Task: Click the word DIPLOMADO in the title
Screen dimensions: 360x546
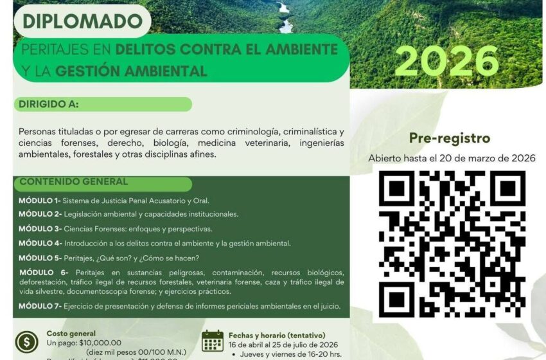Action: point(82,21)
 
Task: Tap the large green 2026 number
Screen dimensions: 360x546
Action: point(447,62)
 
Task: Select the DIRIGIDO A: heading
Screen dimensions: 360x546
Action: point(52,104)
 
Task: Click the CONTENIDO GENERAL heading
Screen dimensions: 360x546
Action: point(74,182)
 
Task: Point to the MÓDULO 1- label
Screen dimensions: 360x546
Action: point(39,201)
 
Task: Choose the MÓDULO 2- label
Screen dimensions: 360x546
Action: point(40,214)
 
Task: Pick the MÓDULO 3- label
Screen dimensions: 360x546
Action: point(40,229)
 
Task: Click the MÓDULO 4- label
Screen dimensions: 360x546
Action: point(40,244)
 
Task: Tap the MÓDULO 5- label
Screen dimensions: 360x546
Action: point(40,258)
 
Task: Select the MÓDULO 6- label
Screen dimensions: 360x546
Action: point(44,273)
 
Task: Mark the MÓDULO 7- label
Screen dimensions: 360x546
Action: point(40,306)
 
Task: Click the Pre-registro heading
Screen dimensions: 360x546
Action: point(450,138)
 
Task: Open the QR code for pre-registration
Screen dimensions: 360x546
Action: point(452,244)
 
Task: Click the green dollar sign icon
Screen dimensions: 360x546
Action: point(27,341)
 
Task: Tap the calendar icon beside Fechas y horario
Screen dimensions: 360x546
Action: point(212,341)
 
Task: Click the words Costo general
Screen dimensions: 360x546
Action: point(71,334)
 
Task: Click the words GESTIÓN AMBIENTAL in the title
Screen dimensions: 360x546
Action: point(131,70)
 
